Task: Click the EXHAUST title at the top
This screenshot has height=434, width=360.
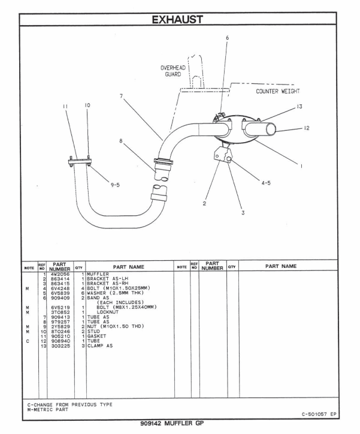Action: tap(180, 11)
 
